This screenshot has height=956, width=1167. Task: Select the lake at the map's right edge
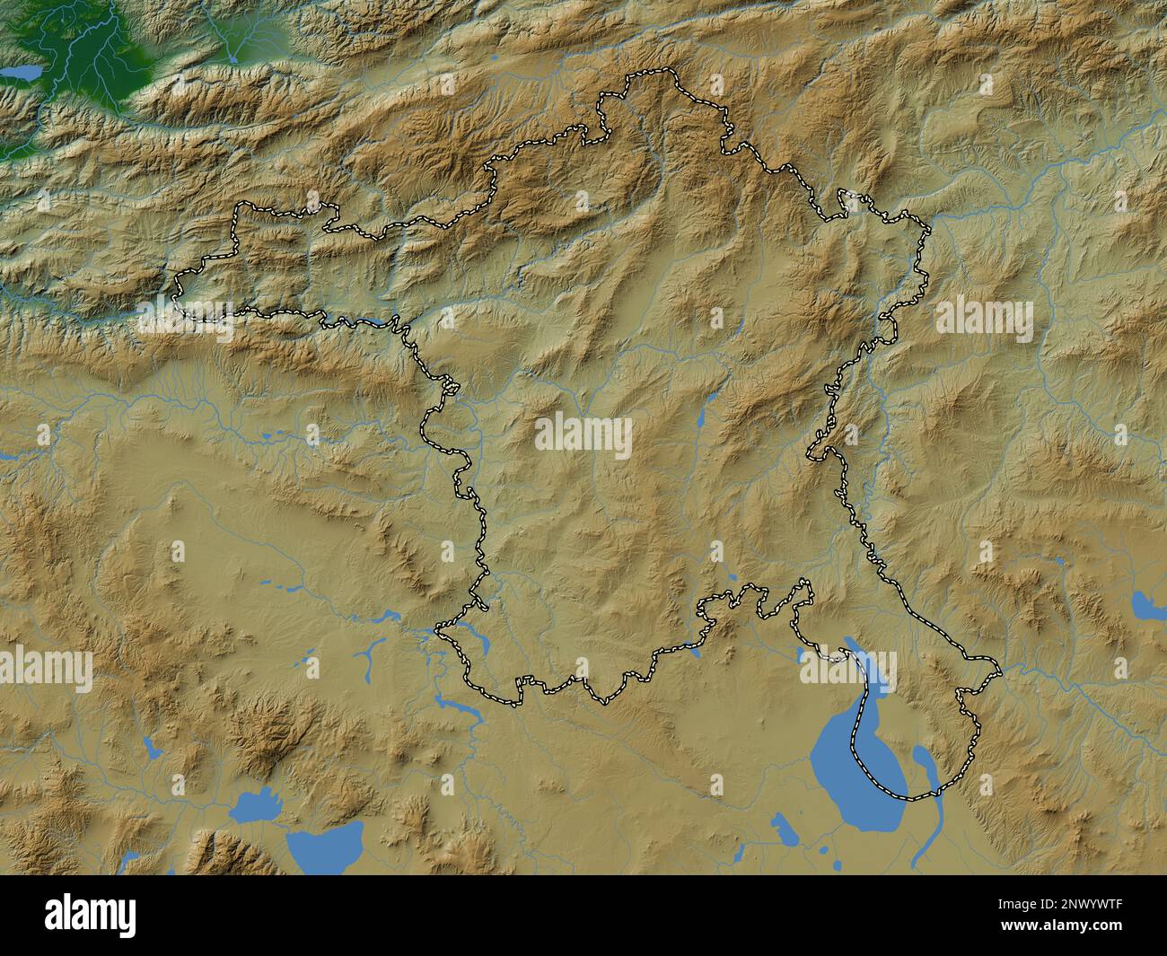click(1147, 606)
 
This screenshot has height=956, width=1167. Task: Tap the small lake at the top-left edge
click(20, 70)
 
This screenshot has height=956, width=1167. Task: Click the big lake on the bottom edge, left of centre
click(326, 845)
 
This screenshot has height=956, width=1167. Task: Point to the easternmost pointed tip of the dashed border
click(999, 668)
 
